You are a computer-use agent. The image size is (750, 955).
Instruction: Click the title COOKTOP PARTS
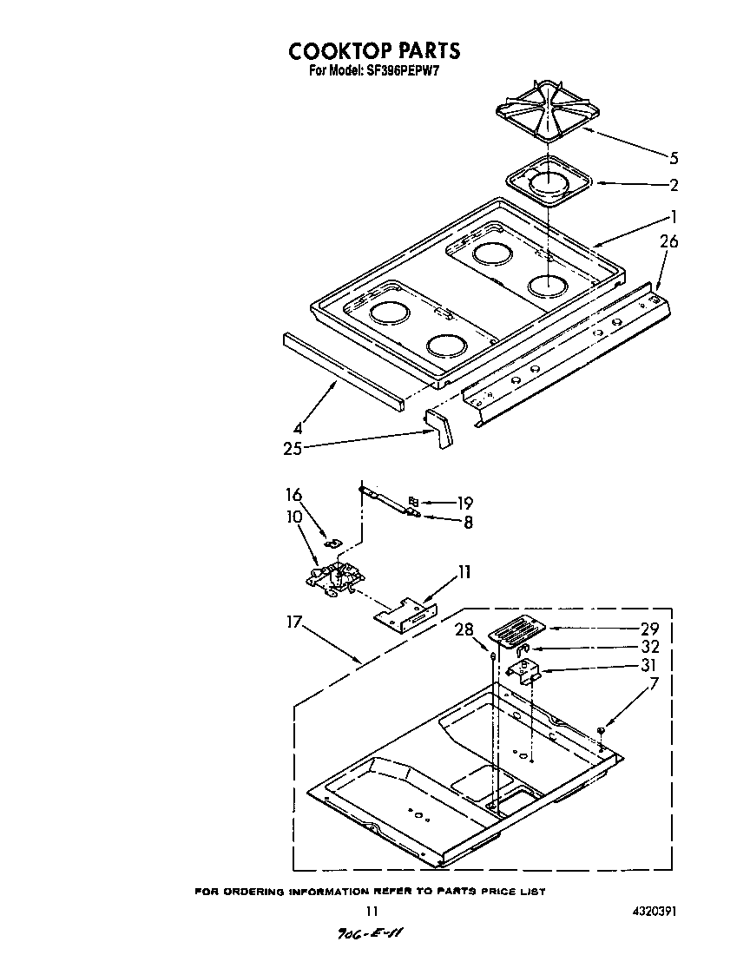(x=374, y=51)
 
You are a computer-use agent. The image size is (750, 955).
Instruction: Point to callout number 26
(x=668, y=242)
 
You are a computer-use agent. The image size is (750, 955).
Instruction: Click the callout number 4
(x=298, y=427)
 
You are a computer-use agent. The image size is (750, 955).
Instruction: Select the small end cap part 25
(x=440, y=429)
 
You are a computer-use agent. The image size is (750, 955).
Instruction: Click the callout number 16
(x=294, y=495)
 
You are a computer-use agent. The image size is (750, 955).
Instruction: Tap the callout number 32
(x=649, y=647)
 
